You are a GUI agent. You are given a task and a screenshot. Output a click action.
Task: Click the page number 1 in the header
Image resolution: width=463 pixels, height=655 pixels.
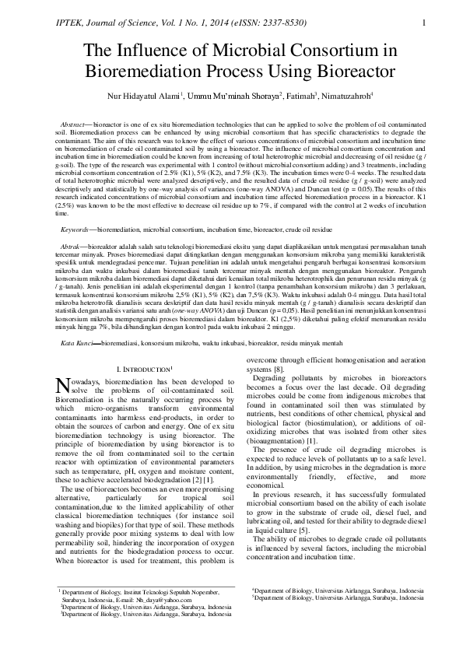422,23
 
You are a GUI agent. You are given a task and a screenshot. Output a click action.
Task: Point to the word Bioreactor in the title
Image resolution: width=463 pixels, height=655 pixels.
356,75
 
